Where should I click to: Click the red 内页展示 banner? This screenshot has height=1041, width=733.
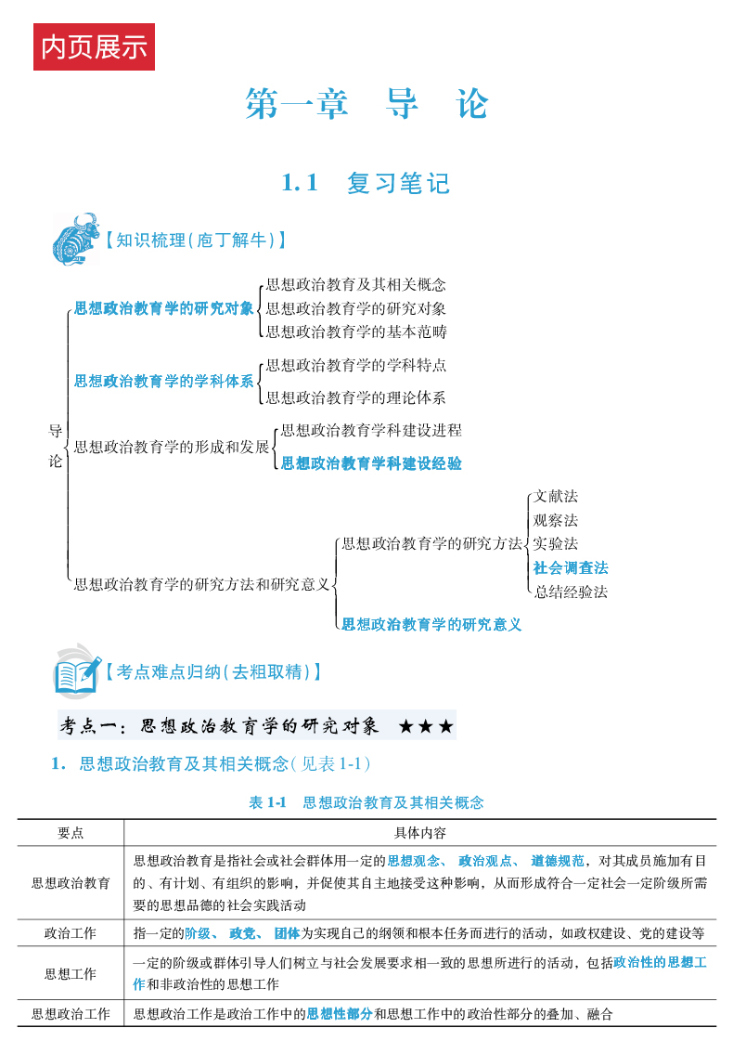tap(94, 47)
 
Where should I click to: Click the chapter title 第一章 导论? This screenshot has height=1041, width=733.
tap(366, 104)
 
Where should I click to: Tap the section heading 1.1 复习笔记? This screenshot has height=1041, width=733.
tap(366, 183)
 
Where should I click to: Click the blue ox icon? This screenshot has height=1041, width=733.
tap(75, 240)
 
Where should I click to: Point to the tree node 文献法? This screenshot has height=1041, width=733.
tap(556, 497)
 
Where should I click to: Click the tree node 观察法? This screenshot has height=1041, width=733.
tap(556, 520)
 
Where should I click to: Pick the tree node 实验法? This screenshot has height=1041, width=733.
tap(556, 543)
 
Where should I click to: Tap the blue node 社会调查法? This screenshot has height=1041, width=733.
tap(571, 567)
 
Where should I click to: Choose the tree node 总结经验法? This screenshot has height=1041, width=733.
tap(571, 592)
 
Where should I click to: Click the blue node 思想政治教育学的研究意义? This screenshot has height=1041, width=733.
tap(431, 624)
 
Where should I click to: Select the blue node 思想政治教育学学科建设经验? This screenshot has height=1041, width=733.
tap(371, 462)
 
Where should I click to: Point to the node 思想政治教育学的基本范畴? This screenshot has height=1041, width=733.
tap(355, 331)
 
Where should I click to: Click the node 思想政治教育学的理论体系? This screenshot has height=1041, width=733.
tap(355, 397)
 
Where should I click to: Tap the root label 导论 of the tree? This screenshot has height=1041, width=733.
tap(56, 446)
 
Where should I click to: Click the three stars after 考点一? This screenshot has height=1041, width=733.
tap(426, 726)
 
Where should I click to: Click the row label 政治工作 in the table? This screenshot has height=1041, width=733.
tap(71, 932)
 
